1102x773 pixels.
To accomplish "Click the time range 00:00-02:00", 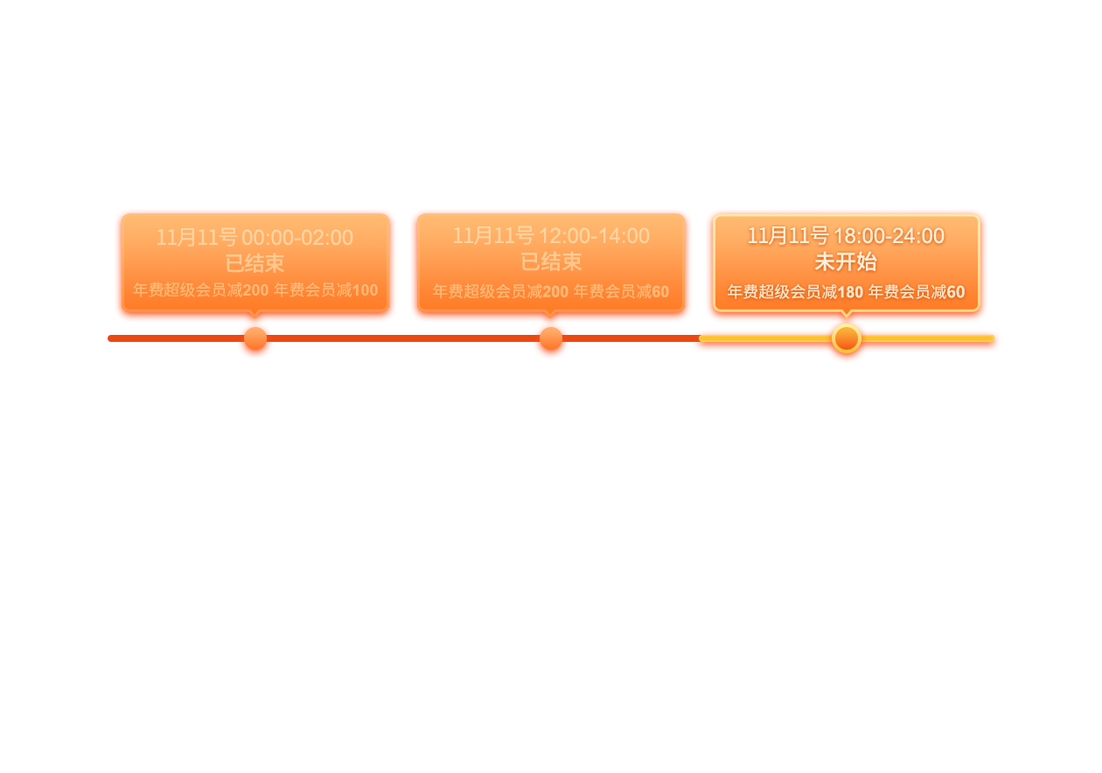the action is tap(297, 238).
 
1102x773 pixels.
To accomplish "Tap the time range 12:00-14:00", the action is tap(595, 236).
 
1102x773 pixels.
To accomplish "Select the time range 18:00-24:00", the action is tap(889, 236).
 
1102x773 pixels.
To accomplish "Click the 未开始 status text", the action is tap(846, 261).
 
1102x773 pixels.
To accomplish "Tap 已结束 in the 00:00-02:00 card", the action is tap(255, 263).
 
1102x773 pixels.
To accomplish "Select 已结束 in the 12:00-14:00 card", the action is tap(551, 261).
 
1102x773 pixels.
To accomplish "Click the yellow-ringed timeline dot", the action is tap(847, 338).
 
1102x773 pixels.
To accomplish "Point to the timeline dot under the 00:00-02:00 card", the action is tap(255, 338).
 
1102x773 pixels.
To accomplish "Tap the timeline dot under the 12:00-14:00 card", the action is tap(551, 338).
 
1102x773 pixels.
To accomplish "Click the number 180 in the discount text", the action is tap(850, 292).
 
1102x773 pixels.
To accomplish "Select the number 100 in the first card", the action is tap(365, 290).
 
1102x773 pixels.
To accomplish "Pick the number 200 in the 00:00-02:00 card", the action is tap(255, 290).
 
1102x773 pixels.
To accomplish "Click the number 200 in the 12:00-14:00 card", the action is tap(555, 292).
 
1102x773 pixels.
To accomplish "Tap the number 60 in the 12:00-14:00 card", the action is tap(660, 292).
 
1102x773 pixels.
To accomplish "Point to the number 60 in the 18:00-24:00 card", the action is tap(956, 292).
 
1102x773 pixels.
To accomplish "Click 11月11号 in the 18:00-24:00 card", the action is tap(788, 236).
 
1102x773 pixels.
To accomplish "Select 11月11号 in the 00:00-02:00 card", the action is tap(197, 238).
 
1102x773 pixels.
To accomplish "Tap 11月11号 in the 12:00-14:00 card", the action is tap(493, 236).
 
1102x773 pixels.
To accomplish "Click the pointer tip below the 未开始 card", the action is tap(847, 317).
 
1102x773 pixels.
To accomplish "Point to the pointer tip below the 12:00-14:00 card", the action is tap(551, 317).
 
